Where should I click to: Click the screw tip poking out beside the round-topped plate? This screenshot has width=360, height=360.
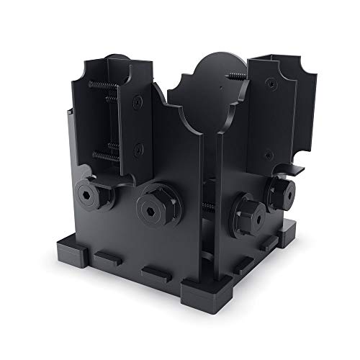point(235,75)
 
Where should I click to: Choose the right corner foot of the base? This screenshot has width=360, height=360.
point(295,230)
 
